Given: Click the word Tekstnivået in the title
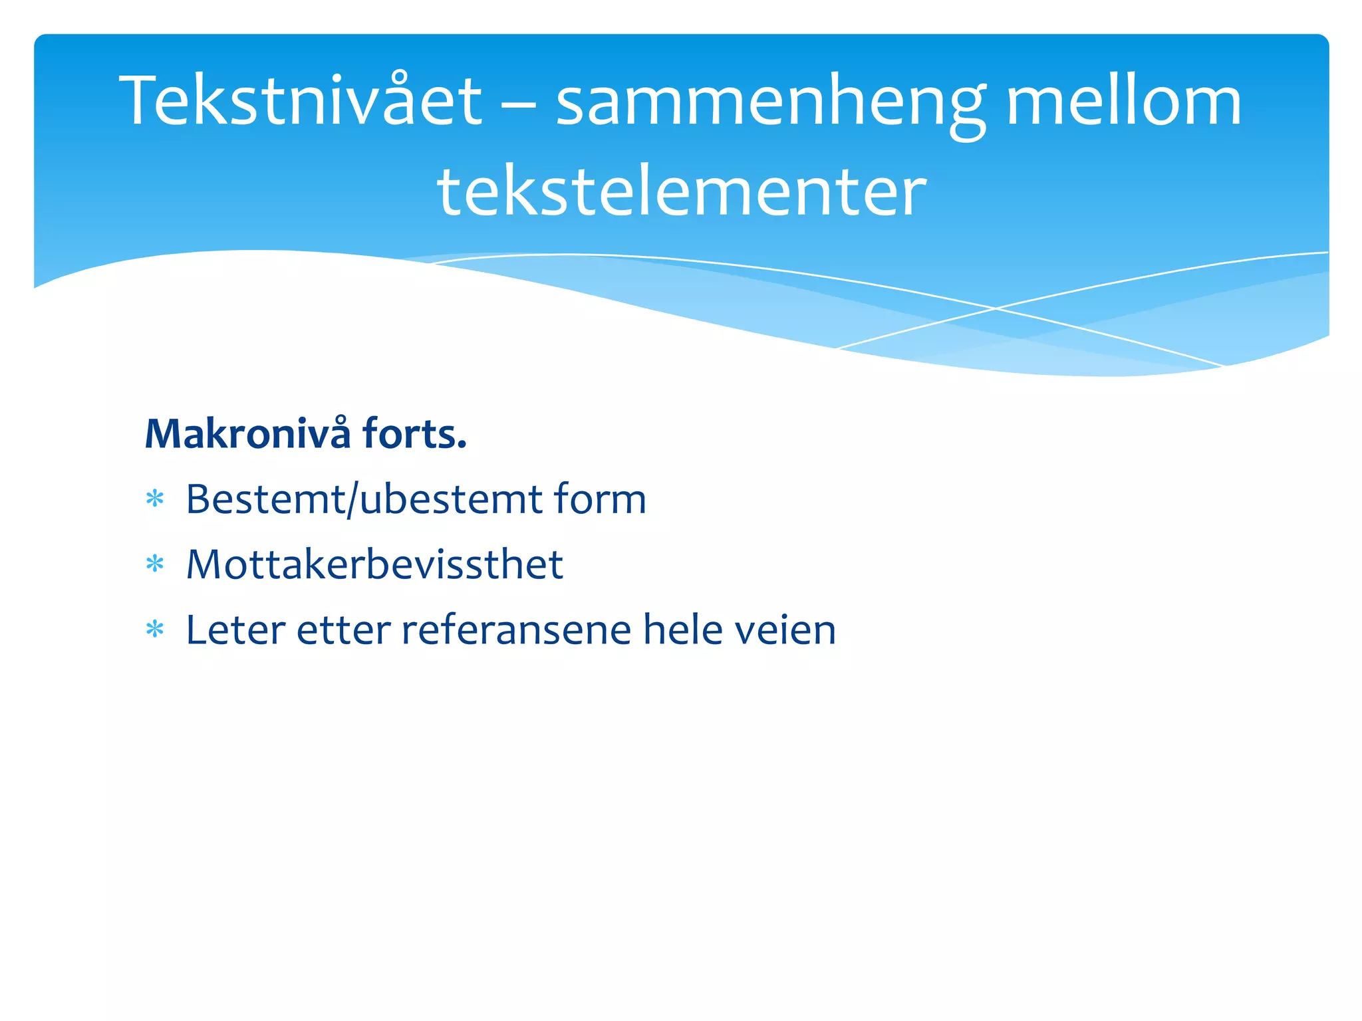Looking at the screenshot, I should pyautogui.click(x=301, y=101).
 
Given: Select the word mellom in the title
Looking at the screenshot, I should pyautogui.click(x=1124, y=101).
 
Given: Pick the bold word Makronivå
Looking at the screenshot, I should pyautogui.click(x=247, y=434).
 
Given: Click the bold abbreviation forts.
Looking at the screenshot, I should pyautogui.click(x=414, y=434).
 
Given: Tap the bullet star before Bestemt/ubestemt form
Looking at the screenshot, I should pyautogui.click(x=155, y=499).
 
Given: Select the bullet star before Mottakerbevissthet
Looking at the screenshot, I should pyautogui.click(x=155, y=564).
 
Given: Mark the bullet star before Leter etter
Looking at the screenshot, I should pyautogui.click(x=155, y=629).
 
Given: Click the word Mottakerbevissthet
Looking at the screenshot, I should pyautogui.click(x=374, y=564).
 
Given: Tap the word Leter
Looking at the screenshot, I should pyautogui.click(x=235, y=629).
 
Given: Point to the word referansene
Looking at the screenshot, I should pyautogui.click(x=516, y=629).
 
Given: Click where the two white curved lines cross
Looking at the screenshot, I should pyautogui.click(x=996, y=308).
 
